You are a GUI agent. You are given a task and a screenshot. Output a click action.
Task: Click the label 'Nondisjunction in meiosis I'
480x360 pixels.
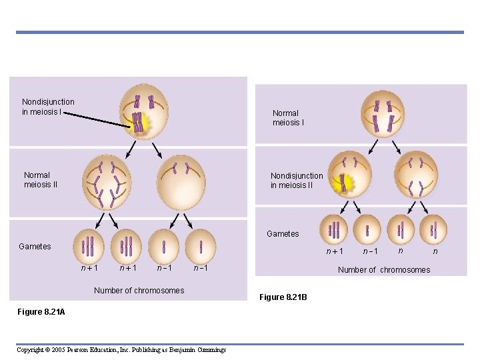pyautogui.click(x=48, y=107)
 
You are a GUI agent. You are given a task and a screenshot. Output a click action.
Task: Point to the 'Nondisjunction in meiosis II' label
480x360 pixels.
pyautogui.click(x=297, y=181)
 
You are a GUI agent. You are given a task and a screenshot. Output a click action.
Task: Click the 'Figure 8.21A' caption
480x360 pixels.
pyautogui.click(x=42, y=312)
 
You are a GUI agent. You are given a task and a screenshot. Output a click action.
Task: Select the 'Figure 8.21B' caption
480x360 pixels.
pyautogui.click(x=282, y=297)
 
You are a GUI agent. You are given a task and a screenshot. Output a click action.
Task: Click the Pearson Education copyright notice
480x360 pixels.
pyautogui.click(x=121, y=349)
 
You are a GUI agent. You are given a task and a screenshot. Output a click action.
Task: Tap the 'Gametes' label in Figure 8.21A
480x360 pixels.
pyautogui.click(x=35, y=247)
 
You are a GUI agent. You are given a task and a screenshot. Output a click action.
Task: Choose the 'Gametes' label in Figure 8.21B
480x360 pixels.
pyautogui.click(x=283, y=234)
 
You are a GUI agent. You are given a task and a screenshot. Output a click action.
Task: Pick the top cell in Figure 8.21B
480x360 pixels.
pyautogui.click(x=383, y=113)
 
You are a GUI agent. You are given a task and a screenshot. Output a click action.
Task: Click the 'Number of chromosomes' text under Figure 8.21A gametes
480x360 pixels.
pyautogui.click(x=139, y=290)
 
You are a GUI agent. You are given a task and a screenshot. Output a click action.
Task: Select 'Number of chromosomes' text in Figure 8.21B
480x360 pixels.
pyautogui.click(x=384, y=270)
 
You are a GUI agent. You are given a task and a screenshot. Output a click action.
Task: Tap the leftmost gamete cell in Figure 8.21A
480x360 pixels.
pyautogui.click(x=88, y=246)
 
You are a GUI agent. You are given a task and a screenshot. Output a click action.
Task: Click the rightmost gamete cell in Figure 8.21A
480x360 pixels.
pyautogui.click(x=200, y=246)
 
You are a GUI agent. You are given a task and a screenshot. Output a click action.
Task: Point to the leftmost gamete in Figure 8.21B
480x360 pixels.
pyautogui.click(x=333, y=230)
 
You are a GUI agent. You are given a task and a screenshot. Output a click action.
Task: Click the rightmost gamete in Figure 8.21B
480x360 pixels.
pyautogui.click(x=434, y=230)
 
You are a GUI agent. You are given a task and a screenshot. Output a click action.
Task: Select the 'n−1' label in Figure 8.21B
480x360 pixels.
pyautogui.click(x=370, y=251)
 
